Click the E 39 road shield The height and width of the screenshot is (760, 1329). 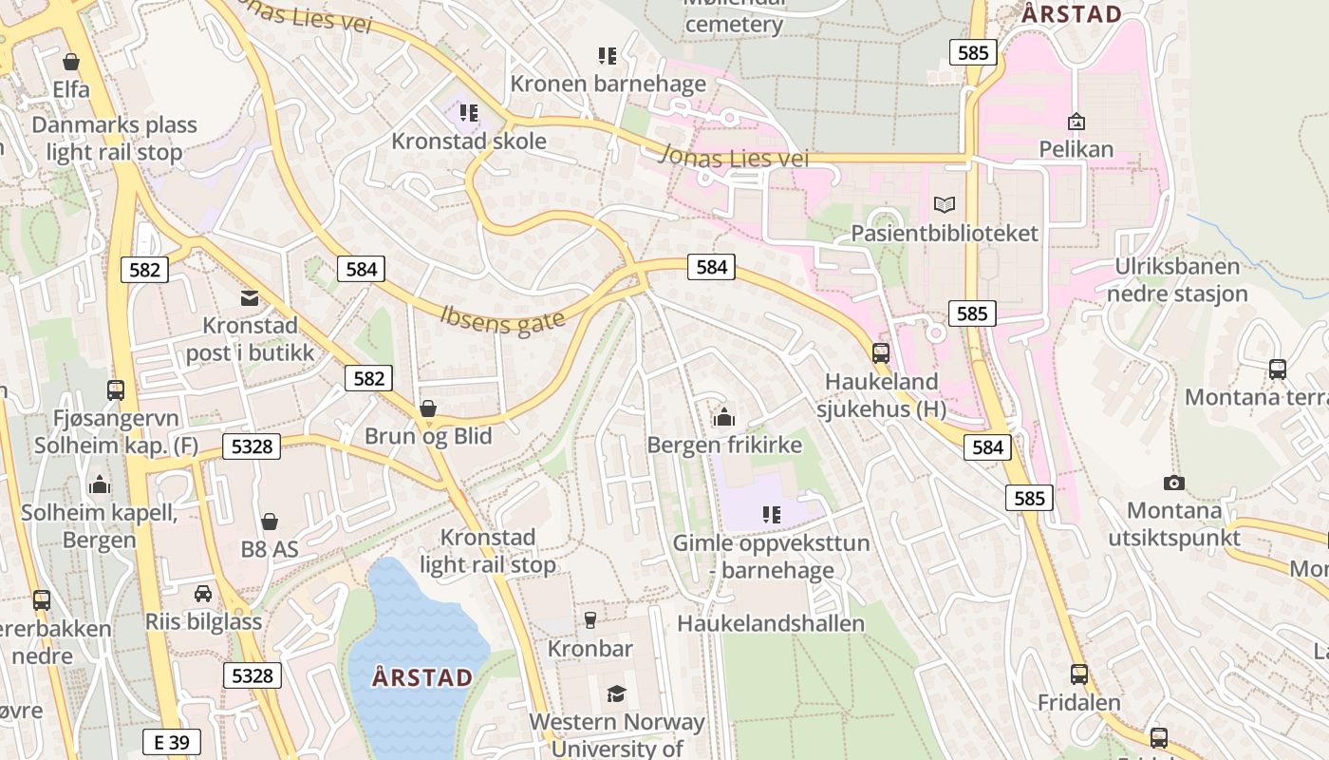172,742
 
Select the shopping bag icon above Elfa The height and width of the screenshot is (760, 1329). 70,63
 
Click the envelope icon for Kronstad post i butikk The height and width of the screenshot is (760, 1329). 250,298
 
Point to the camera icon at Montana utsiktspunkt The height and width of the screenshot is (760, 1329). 1174,483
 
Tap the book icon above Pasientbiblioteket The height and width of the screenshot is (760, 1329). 944,204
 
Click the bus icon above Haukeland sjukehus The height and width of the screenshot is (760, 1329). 881,353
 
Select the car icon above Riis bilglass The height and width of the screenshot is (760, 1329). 202,594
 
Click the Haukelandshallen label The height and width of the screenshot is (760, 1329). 771,623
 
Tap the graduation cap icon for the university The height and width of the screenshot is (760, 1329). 616,693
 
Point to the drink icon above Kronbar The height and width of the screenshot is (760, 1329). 590,620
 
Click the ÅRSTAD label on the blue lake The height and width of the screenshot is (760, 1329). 422,677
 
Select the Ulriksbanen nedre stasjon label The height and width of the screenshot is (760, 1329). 1177,280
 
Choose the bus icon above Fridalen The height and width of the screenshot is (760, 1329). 1078,674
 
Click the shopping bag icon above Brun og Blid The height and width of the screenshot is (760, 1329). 428,408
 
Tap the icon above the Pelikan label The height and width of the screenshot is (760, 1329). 1076,122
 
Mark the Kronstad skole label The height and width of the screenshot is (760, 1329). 469,142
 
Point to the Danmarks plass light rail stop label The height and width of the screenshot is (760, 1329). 114,139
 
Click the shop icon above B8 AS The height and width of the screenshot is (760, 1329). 270,521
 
